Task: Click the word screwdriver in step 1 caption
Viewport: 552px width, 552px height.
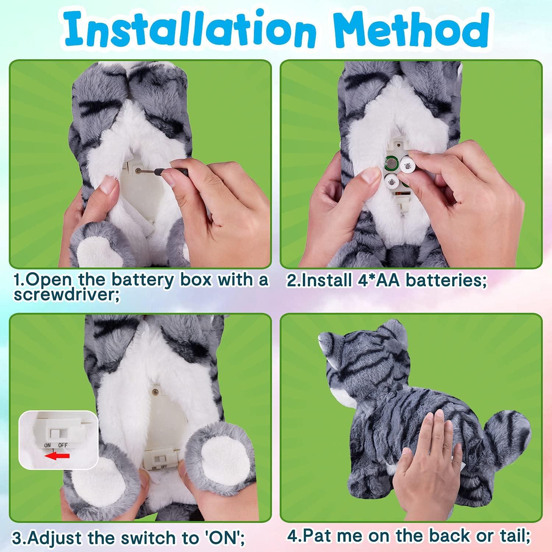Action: pos(65,295)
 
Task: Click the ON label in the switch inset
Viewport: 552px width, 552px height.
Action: pos(48,445)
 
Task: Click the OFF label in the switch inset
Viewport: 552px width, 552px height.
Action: pos(63,445)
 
